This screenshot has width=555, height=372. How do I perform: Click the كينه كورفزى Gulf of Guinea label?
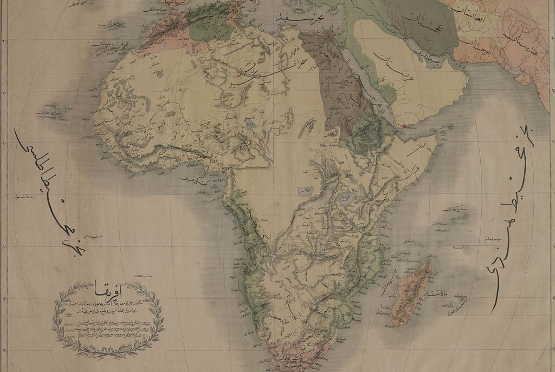pyautogui.click(x=191, y=179)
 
